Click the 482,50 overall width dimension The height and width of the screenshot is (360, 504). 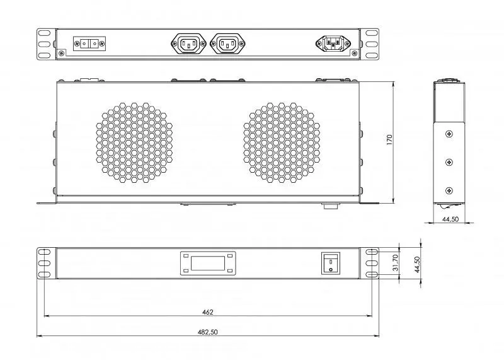pyautogui.click(x=208, y=332)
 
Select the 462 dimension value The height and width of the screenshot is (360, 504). pyautogui.click(x=208, y=311)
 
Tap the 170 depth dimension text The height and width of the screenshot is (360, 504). pyautogui.click(x=389, y=139)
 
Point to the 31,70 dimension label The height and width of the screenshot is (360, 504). pyautogui.click(x=396, y=262)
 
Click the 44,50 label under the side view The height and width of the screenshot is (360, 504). pyautogui.click(x=450, y=219)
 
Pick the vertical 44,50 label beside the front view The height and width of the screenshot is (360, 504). pyautogui.click(x=417, y=264)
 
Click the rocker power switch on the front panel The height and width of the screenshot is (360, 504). pyautogui.click(x=331, y=263)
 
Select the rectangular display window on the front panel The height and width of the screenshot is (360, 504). pyautogui.click(x=208, y=263)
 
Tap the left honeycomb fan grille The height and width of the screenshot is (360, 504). pyautogui.click(x=134, y=142)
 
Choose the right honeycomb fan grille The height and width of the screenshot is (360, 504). pyautogui.click(x=282, y=142)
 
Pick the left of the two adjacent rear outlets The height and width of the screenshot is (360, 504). pyautogui.click(x=188, y=44)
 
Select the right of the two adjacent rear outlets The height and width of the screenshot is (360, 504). pyautogui.click(x=227, y=44)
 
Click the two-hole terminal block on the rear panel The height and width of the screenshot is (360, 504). pyautogui.click(x=89, y=44)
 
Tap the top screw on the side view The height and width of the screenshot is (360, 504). pyautogui.click(x=449, y=134)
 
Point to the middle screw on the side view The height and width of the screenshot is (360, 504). pyautogui.click(x=449, y=162)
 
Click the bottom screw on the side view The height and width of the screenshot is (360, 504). pyautogui.click(x=449, y=191)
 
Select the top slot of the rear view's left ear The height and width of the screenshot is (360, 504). pyautogui.click(x=44, y=33)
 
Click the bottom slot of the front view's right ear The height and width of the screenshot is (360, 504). pyautogui.click(x=372, y=274)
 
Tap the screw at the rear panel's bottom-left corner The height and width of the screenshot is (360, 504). pyautogui.click(x=61, y=53)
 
